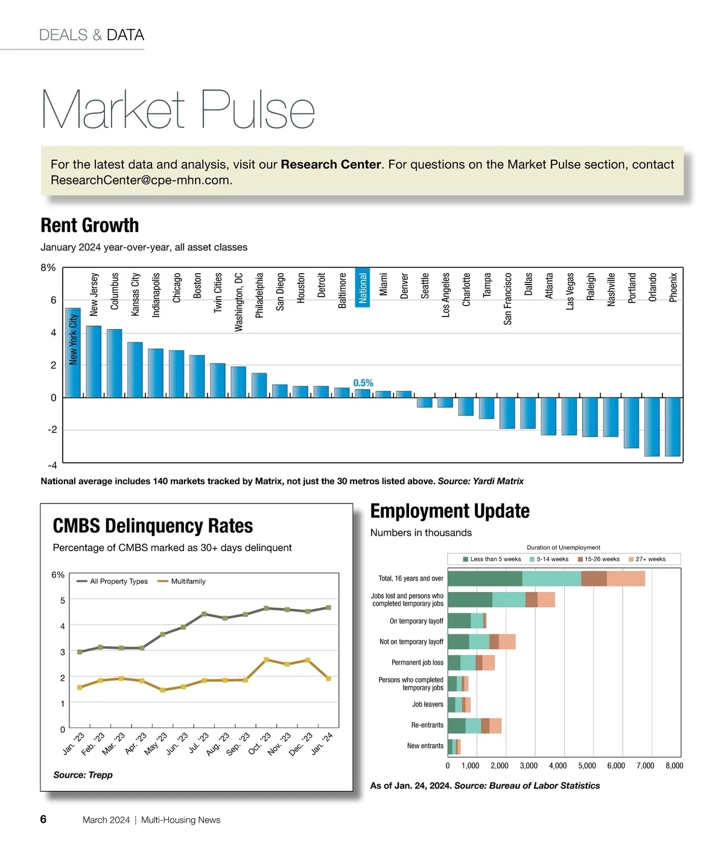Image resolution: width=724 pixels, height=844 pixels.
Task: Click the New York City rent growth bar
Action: click(72, 353)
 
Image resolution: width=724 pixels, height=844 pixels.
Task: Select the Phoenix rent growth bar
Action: click(672, 426)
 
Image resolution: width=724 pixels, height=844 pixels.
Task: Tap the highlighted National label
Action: click(363, 288)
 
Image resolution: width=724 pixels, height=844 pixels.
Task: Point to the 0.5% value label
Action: click(363, 383)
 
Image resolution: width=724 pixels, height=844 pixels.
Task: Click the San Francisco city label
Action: click(508, 299)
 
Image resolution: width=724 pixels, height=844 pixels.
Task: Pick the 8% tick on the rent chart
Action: click(48, 268)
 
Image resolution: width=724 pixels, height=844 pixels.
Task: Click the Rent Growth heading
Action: click(90, 225)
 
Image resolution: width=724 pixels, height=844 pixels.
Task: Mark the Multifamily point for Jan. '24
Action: click(329, 678)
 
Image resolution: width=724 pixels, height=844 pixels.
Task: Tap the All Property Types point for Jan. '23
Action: click(80, 652)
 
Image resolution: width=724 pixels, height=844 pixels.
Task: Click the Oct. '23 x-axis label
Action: click(260, 744)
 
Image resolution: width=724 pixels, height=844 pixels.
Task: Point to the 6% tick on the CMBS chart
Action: click(58, 575)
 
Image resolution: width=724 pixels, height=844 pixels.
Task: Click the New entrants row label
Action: click(425, 746)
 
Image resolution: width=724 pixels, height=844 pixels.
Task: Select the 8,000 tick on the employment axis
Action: click(674, 766)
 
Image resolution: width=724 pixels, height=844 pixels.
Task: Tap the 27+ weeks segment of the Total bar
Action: click(626, 579)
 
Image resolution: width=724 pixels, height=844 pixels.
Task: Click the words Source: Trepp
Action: click(83, 775)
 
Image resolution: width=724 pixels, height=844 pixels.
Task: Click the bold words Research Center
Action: click(331, 165)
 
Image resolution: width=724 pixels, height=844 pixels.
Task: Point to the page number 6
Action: click(43, 819)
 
